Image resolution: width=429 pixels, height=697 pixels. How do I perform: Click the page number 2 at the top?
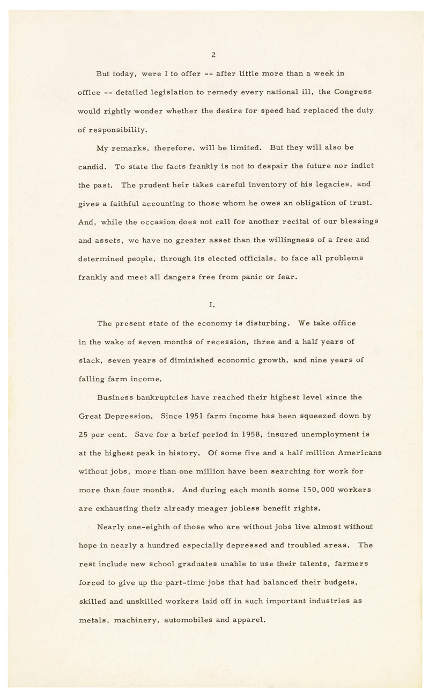point(213,54)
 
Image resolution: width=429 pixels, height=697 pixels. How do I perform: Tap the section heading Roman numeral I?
point(212,305)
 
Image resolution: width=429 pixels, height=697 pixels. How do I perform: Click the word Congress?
point(353,92)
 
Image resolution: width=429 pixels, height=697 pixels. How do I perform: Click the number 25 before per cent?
point(84,434)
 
